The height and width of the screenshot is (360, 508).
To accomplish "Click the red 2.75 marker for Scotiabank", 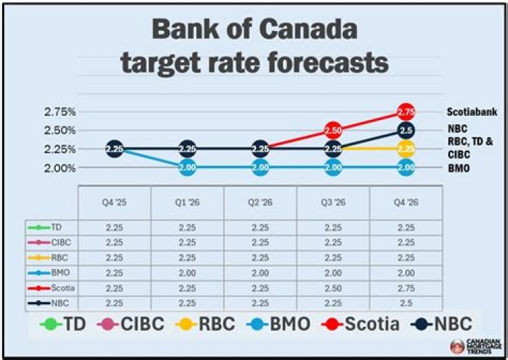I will pos(406,112).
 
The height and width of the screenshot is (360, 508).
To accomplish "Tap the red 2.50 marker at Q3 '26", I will pos(333,131).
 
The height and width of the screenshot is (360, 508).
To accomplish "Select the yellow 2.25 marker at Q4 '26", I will pos(406,149).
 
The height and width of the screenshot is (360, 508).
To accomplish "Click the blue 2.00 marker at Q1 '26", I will pos(188,167).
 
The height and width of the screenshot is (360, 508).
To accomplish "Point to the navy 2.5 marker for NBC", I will pos(406,131).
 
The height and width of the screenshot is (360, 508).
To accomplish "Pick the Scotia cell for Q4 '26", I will pos(406,288).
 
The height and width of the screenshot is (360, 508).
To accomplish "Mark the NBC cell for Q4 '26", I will pos(406,303).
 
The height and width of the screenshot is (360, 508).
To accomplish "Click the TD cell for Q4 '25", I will pos(114,227).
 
